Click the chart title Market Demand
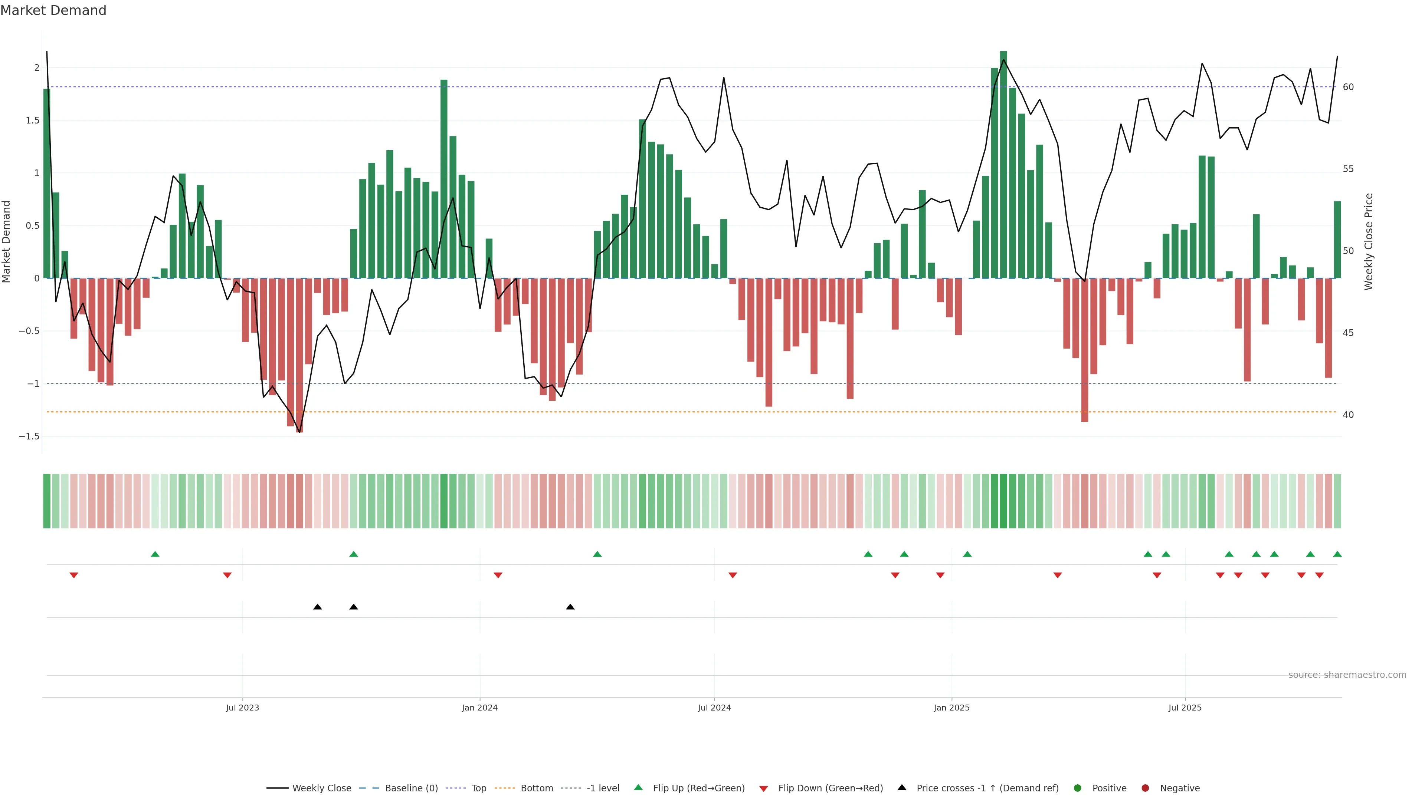tap(53, 10)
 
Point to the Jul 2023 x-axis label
tap(242, 708)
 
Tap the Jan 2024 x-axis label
tap(479, 708)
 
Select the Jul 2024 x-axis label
tap(714, 708)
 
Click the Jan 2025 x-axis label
tap(951, 708)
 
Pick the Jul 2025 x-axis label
tap(1185, 708)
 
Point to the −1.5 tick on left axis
tap(29, 436)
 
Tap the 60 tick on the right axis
tap(1348, 87)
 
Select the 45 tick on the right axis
tap(1348, 333)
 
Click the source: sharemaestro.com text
tap(1347, 675)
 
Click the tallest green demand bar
tap(1003, 166)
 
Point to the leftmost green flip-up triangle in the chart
tap(155, 554)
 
